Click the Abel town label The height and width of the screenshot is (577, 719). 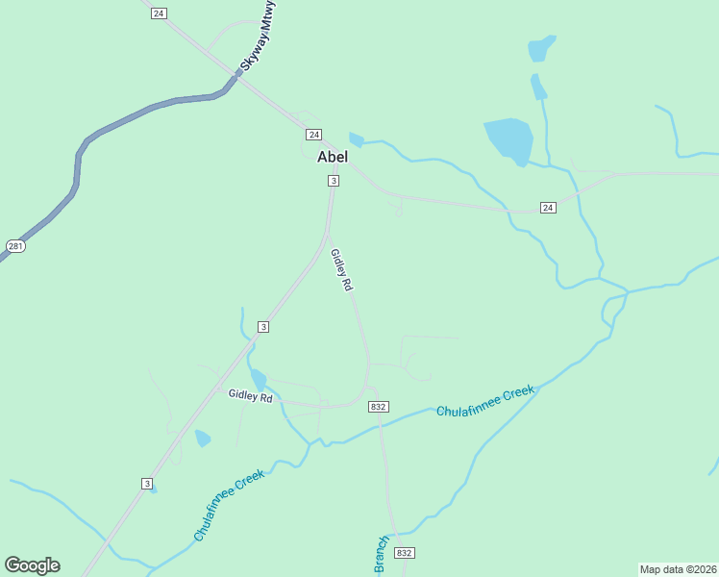click(x=333, y=157)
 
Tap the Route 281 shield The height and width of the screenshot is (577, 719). click(x=14, y=247)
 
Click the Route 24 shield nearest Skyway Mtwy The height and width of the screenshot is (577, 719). click(x=159, y=13)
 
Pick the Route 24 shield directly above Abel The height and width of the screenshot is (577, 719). click(x=313, y=134)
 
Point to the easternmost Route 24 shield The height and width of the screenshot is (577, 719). click(x=547, y=208)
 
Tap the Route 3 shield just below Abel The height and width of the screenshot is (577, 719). click(x=333, y=181)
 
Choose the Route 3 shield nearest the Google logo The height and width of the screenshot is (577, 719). click(x=147, y=484)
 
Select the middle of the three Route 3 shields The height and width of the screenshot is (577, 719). click(x=262, y=328)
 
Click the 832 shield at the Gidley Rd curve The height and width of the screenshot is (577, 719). click(x=378, y=408)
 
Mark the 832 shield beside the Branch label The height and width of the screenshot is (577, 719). click(x=405, y=553)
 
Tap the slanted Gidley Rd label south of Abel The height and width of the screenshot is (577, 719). click(x=341, y=270)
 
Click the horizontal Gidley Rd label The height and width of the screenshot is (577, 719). click(x=251, y=396)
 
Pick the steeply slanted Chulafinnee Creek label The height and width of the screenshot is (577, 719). click(x=229, y=505)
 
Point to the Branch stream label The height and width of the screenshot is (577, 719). click(x=381, y=556)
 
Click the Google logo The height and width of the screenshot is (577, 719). click(x=33, y=565)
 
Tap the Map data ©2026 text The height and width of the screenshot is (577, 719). click(x=678, y=569)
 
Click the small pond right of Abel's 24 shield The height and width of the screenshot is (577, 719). click(x=357, y=139)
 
